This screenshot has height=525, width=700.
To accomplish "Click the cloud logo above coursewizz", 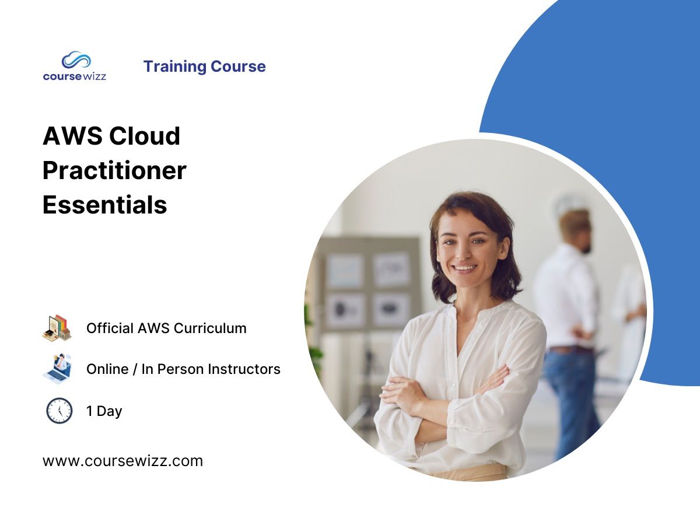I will [76, 60].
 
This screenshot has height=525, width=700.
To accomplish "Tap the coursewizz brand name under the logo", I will [75, 76].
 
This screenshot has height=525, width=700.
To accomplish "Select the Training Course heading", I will [204, 66].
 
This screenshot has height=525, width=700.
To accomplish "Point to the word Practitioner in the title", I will [114, 170].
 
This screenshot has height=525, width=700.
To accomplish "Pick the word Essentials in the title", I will [105, 205].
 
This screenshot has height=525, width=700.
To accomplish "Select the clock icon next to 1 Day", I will [59, 411].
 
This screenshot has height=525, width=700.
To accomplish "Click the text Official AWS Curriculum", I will [166, 328].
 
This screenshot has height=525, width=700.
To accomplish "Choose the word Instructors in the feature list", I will [244, 369].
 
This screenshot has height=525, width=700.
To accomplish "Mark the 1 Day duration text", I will [104, 411].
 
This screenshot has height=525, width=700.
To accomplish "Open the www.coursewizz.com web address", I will [123, 461].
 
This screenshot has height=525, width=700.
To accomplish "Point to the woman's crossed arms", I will [443, 397].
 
